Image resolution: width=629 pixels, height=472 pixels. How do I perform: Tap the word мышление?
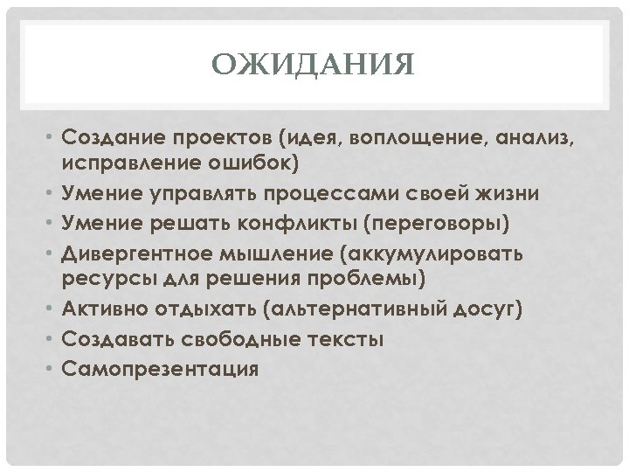tap(279, 253)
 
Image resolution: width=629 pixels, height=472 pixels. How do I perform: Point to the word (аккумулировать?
tap(435, 253)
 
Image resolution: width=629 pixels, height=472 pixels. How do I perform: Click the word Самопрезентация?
tap(161, 368)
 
